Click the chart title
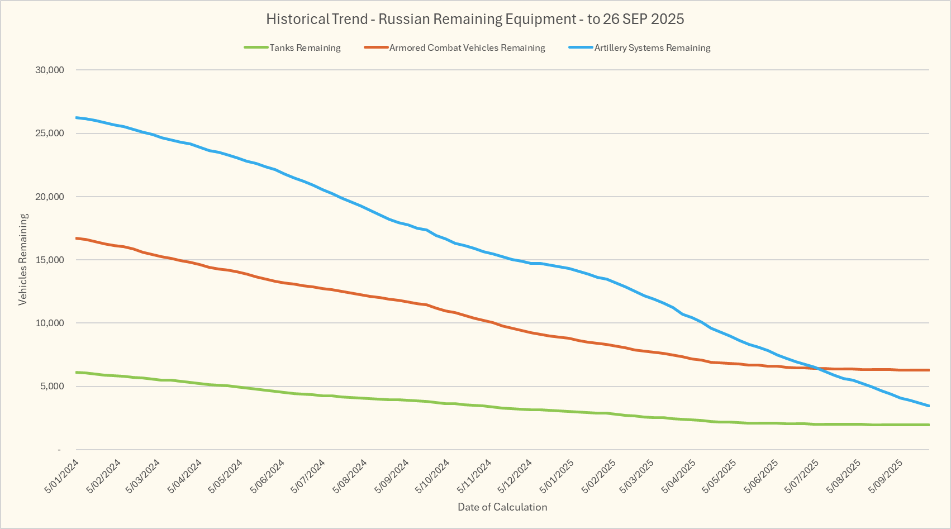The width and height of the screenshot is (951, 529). tap(475, 19)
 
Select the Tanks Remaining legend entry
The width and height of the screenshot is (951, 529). tap(305, 48)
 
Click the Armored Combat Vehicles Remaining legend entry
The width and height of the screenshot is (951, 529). tap(467, 48)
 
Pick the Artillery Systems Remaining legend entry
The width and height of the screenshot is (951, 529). tap(652, 48)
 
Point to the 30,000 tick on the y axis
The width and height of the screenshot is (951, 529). tap(49, 70)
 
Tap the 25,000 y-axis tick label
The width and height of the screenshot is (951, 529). tap(49, 134)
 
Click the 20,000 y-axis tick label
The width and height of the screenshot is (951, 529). tap(49, 197)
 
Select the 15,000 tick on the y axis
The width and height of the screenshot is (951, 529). tap(49, 260)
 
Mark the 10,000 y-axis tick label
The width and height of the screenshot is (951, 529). tap(49, 323)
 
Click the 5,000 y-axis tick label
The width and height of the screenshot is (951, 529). tap(51, 387)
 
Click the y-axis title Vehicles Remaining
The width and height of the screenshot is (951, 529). tap(23, 260)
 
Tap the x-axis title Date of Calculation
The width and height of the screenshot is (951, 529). tap(502, 507)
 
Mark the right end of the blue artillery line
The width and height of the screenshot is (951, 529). tap(929, 406)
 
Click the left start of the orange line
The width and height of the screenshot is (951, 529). tap(76, 238)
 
